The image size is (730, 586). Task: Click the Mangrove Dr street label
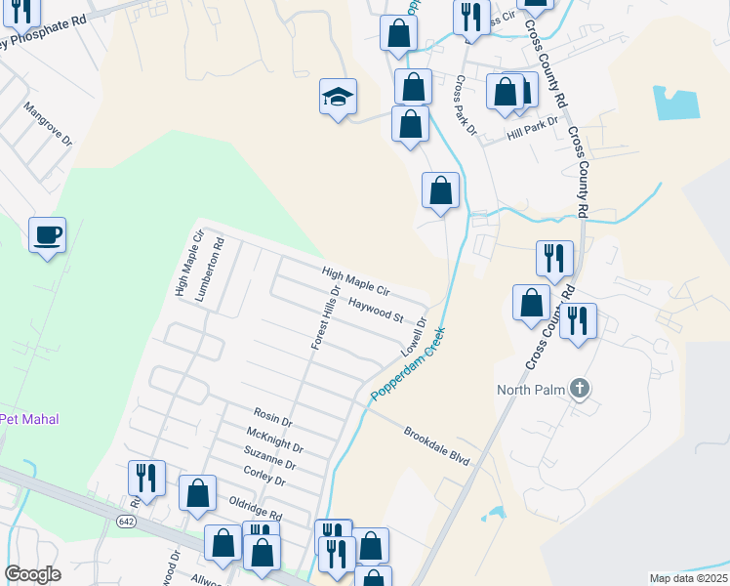coord(49,125)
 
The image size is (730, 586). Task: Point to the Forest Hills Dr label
coord(324,318)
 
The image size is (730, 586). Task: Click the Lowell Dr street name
coord(415,335)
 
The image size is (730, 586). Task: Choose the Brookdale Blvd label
coord(437,446)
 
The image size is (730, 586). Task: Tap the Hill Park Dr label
coord(532,128)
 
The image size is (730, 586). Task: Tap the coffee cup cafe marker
coord(47,234)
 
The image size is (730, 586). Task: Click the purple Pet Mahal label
coord(29,419)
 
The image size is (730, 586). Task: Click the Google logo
coord(32,574)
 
